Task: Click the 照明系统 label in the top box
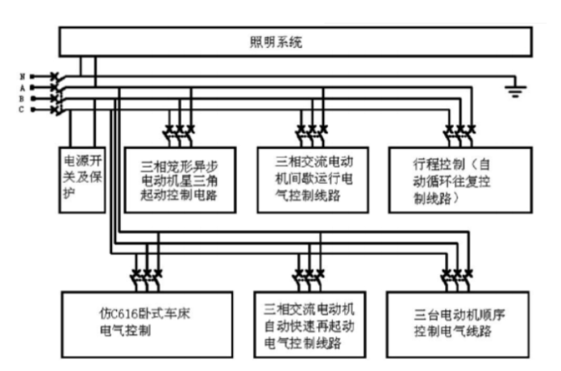tap(275, 40)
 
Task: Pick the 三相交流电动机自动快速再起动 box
tap(311, 324)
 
